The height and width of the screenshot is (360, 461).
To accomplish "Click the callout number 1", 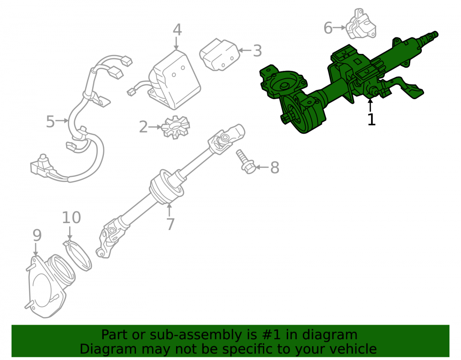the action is click(x=372, y=119).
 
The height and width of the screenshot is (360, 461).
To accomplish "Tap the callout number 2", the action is click(x=143, y=127).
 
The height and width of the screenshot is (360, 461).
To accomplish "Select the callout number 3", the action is click(x=257, y=51).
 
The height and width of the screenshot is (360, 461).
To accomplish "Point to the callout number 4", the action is click(x=177, y=30).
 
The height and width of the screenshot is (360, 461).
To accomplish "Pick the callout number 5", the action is click(x=50, y=121).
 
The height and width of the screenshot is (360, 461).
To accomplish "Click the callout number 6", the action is click(x=328, y=28).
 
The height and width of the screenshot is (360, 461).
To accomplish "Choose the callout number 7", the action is click(x=171, y=224).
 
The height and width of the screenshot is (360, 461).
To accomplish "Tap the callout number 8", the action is click(x=275, y=167).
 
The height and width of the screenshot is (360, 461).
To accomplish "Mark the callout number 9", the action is click(x=37, y=235).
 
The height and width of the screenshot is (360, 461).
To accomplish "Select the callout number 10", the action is click(x=71, y=218).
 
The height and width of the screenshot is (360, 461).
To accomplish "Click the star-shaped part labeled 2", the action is click(x=176, y=127).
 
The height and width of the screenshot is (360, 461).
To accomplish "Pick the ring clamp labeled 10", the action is click(x=77, y=255).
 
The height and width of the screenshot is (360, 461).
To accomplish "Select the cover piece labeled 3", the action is click(x=219, y=55).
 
